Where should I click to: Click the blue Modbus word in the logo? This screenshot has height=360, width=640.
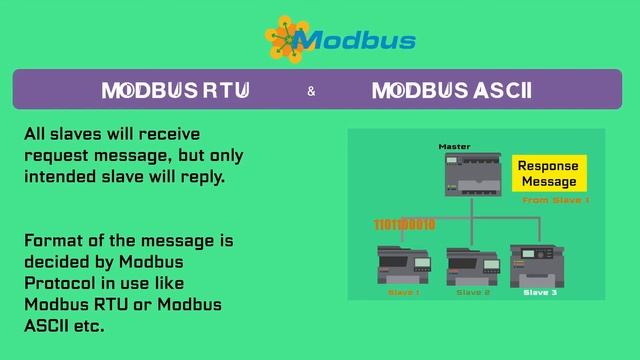pyautogui.click(x=356, y=41)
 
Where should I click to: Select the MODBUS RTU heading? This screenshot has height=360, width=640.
pyautogui.click(x=175, y=91)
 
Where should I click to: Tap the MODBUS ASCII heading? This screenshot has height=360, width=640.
pyautogui.click(x=451, y=91)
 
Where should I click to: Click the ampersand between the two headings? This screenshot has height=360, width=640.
pyautogui.click(x=311, y=92)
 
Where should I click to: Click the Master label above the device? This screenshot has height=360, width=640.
pyautogui.click(x=454, y=147)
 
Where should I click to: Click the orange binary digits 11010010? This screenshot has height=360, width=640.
pyautogui.click(x=404, y=224)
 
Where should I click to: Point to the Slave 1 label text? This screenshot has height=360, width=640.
pyautogui.click(x=403, y=292)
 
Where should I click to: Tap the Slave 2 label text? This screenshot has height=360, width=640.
pyautogui.click(x=473, y=292)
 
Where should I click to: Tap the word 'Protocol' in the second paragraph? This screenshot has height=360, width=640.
pyautogui.click(x=59, y=284)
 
